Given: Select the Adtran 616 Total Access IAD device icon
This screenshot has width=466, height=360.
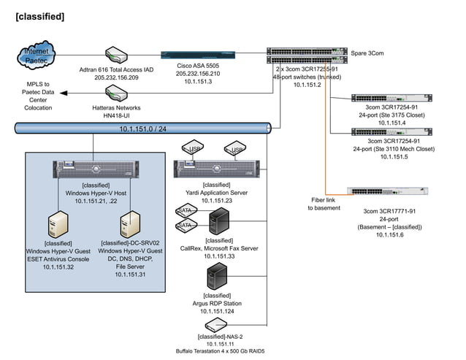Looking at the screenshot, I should [x=118, y=55].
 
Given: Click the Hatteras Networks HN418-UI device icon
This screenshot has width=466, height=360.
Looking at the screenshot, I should [x=118, y=93].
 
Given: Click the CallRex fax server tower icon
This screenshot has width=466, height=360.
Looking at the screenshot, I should [x=219, y=220].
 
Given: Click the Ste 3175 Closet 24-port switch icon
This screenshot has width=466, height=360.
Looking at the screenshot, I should [x=383, y=98].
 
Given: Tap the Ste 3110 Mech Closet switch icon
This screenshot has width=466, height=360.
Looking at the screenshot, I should [x=383, y=132].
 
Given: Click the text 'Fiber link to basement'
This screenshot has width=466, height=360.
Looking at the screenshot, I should [x=324, y=204].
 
